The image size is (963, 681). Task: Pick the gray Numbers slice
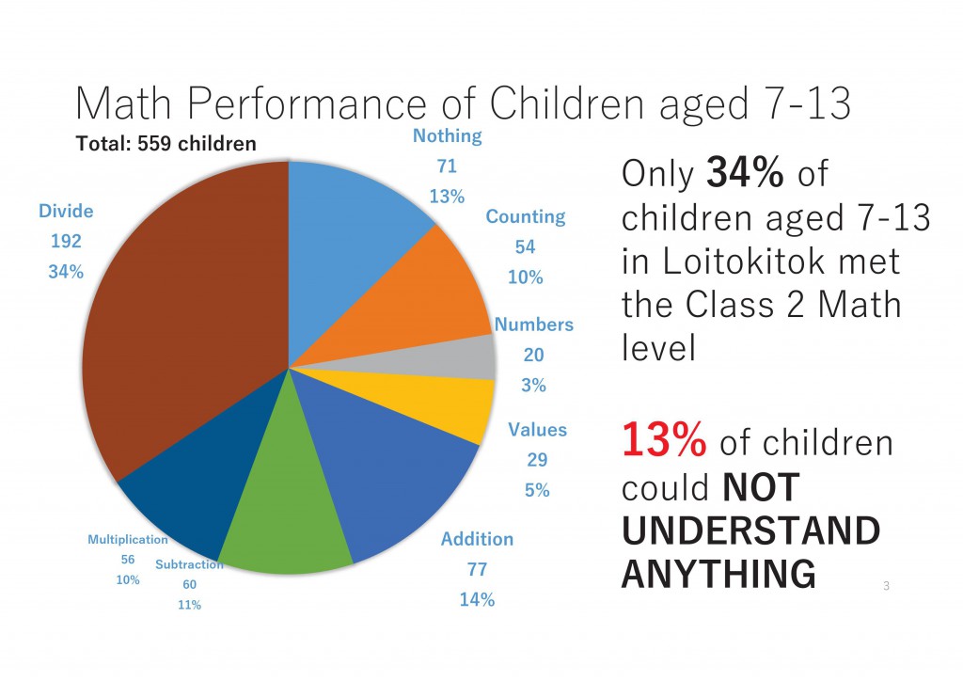(442, 359)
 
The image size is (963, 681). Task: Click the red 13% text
(664, 440)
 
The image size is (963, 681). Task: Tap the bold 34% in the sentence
(745, 172)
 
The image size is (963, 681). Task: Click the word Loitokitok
(743, 261)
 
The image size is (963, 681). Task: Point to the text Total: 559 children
(166, 144)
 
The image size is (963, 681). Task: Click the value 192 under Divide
(66, 242)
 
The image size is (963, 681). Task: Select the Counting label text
(526, 216)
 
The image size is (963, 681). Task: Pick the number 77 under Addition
(477, 570)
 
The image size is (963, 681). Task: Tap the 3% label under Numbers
(534, 385)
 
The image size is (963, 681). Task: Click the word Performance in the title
(307, 103)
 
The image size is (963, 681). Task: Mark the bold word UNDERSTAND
(751, 531)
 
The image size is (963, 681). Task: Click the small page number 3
(886, 586)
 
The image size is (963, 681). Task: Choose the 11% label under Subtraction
(189, 606)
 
